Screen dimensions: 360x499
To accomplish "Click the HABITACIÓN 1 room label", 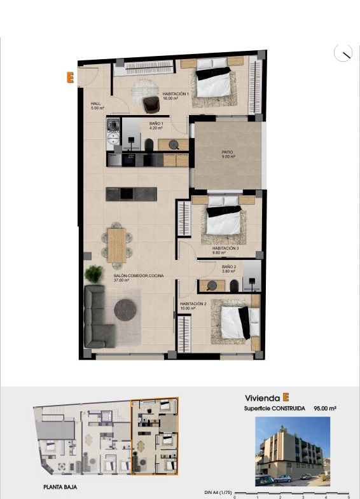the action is (x=176, y=94).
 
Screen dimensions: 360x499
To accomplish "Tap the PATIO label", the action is (x=227, y=153).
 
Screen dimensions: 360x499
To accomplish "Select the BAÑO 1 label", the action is (x=156, y=123).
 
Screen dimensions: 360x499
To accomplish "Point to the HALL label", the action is (x=95, y=104).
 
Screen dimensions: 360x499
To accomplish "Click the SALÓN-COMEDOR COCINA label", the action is (x=139, y=276).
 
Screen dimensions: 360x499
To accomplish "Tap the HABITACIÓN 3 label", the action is (x=225, y=248).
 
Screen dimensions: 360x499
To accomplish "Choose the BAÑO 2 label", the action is (x=229, y=267).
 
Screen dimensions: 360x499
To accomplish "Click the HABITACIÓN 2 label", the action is (x=193, y=304).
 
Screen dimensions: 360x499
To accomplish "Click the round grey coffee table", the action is (x=125, y=310).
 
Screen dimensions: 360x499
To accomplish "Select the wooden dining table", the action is (x=117, y=245).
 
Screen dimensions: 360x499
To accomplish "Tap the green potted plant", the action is (x=93, y=274).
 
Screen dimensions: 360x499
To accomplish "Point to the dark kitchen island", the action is (x=132, y=194).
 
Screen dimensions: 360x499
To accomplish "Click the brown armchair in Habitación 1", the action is (x=151, y=104).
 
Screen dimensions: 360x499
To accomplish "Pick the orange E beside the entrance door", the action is (x=70, y=78).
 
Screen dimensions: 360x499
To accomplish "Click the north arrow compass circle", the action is (x=343, y=53).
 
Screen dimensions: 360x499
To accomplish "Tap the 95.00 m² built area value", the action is (x=325, y=408).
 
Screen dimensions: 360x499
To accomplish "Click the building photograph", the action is (x=293, y=451).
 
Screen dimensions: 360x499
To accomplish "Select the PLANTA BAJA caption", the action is (x=60, y=487).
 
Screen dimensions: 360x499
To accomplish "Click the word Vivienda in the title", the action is (x=262, y=398).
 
